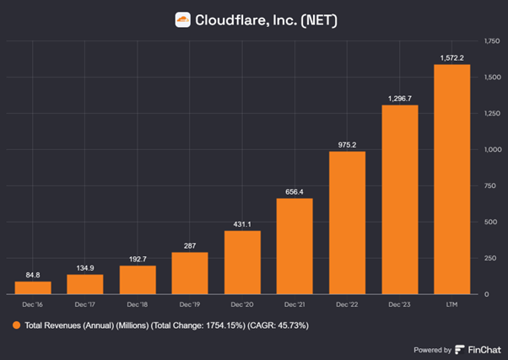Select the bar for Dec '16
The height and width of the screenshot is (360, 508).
[33, 287]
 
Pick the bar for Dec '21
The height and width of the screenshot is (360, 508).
[295, 246]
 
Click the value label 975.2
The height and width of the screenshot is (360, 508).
[347, 143]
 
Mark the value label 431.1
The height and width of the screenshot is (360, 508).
[242, 223]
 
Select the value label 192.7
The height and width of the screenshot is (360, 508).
[138, 257]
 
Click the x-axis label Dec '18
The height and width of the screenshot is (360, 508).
[138, 304]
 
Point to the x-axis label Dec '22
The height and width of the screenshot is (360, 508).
[347, 304]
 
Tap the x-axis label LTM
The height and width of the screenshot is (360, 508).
[451, 304]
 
